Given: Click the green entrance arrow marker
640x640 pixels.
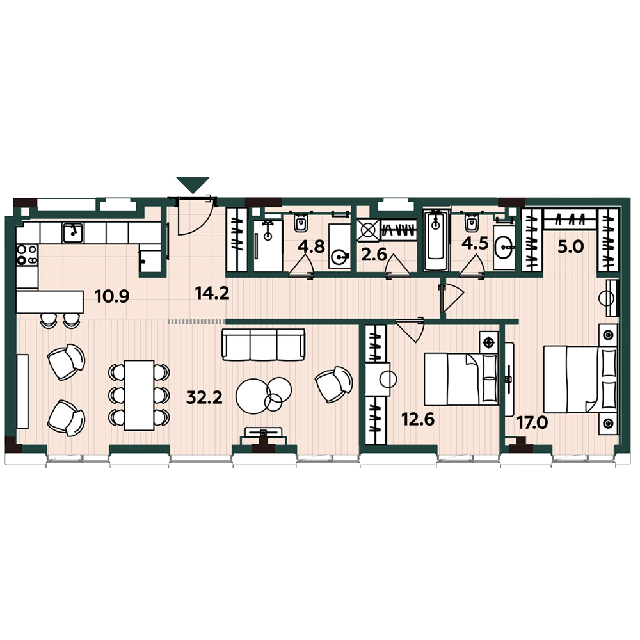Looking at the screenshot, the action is tap(193, 184).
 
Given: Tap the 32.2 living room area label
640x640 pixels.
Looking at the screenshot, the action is tap(205, 397).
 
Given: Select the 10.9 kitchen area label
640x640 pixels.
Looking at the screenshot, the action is tap(112, 296).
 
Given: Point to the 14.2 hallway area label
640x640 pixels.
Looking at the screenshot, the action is tap(212, 293).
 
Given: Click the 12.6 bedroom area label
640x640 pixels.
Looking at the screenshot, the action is tap(418, 419).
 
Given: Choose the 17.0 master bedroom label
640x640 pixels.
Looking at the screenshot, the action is tap(532, 423).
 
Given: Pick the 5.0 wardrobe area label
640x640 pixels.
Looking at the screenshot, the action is tap(571, 247).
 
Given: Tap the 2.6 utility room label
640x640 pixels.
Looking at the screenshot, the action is tap(374, 255).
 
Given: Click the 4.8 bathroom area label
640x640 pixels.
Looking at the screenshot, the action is tap(312, 246).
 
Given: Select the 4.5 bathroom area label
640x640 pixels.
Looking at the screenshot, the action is tap(475, 243).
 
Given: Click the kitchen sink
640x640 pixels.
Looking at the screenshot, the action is tap(73, 233).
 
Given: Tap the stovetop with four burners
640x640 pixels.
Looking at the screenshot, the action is tap(27, 255).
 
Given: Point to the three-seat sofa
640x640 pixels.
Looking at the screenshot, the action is tap(263, 345).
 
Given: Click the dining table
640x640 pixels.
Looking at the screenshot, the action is tap(139, 395).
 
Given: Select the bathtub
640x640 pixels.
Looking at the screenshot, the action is tap(436, 241).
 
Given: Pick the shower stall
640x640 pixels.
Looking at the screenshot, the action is tap(268, 245).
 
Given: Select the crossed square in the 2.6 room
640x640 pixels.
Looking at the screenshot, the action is tap(368, 230).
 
